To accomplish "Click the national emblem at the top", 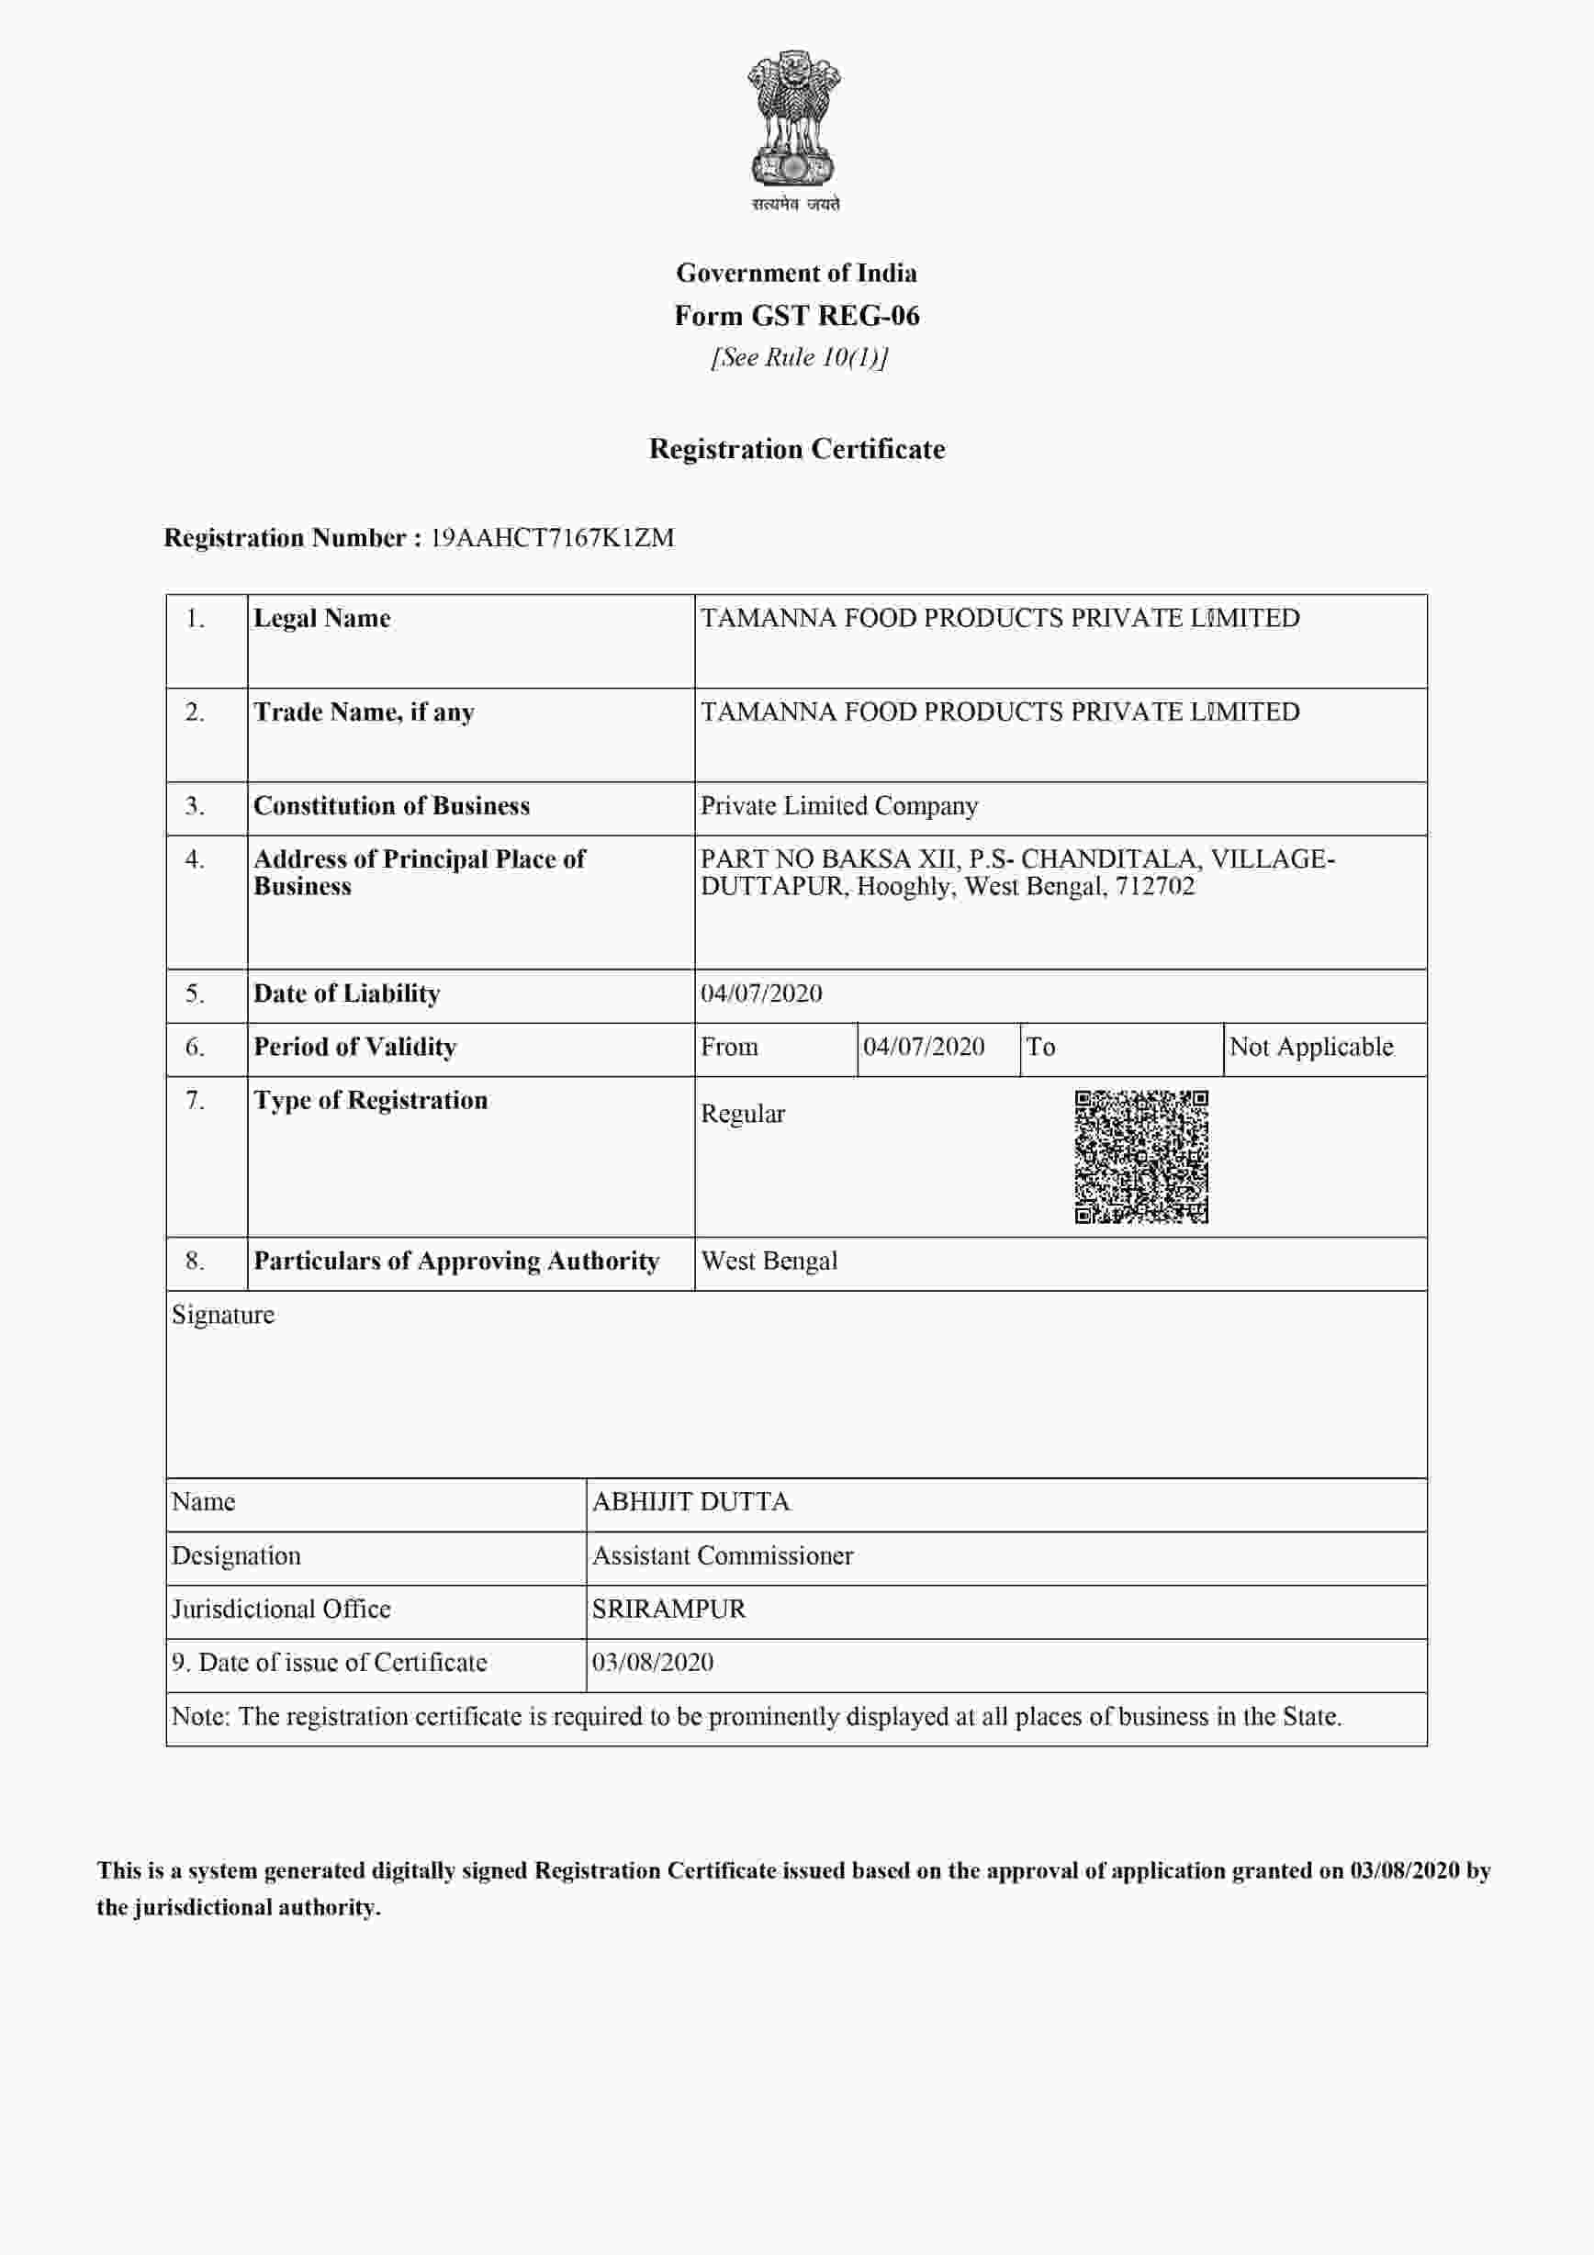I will [794, 123].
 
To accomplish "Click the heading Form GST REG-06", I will [796, 315].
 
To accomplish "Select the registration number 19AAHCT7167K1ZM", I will [552, 538].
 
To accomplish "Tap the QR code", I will [1141, 1157].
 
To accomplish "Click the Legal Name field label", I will [322, 619].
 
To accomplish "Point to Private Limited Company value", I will [838, 806].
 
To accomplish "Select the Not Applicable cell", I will [1311, 1047].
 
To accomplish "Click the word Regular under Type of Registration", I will [743, 1114].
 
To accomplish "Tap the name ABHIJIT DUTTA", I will [690, 1502].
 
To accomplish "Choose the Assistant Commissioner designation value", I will [723, 1555].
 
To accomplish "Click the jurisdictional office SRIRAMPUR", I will [668, 1609].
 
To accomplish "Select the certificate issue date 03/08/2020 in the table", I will [652, 1663].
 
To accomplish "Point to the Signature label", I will [223, 1315].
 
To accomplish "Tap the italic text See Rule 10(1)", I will [799, 357].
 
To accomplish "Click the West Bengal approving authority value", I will [769, 1261].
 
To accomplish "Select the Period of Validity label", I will [354, 1047].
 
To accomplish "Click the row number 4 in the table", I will [195, 859].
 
